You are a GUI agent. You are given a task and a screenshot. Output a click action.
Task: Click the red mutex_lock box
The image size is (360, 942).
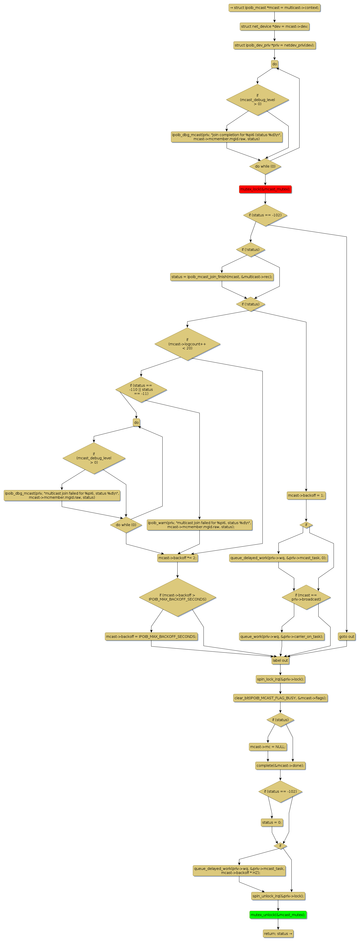[x=265, y=189]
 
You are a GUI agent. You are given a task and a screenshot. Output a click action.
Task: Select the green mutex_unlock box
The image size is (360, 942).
[x=278, y=915]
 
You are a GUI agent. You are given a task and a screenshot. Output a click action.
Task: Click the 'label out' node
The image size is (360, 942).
[x=280, y=660]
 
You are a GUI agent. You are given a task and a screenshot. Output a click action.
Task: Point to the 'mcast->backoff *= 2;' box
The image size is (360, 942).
[x=177, y=558]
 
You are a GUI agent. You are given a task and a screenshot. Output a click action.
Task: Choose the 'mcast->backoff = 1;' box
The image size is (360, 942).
[x=306, y=495]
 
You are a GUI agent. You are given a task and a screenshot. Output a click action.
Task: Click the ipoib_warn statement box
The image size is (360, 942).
[x=199, y=524]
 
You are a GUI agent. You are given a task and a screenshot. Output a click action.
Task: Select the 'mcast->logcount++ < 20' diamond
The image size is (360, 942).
[x=187, y=344]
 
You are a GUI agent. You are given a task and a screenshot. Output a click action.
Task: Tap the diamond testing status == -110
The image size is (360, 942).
[x=141, y=389]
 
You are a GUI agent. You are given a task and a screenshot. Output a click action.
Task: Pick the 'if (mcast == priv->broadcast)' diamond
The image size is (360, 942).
[x=306, y=597]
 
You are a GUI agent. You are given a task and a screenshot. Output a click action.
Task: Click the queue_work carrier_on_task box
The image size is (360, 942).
[x=282, y=636]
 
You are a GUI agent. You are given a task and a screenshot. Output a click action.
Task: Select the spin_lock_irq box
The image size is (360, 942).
[x=280, y=679]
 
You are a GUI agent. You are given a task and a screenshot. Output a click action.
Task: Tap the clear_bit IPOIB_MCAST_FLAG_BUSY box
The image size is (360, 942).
[x=280, y=698]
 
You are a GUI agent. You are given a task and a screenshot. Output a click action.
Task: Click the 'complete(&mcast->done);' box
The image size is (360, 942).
[x=280, y=765]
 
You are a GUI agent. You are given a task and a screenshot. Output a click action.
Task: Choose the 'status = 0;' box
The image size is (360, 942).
[x=272, y=822]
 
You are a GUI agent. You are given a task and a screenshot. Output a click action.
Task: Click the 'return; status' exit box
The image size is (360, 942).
[x=278, y=933]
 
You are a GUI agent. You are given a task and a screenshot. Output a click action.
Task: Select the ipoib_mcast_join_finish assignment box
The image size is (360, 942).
[x=222, y=277]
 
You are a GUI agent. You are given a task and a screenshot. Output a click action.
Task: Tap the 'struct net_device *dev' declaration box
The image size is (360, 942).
[x=274, y=26]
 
